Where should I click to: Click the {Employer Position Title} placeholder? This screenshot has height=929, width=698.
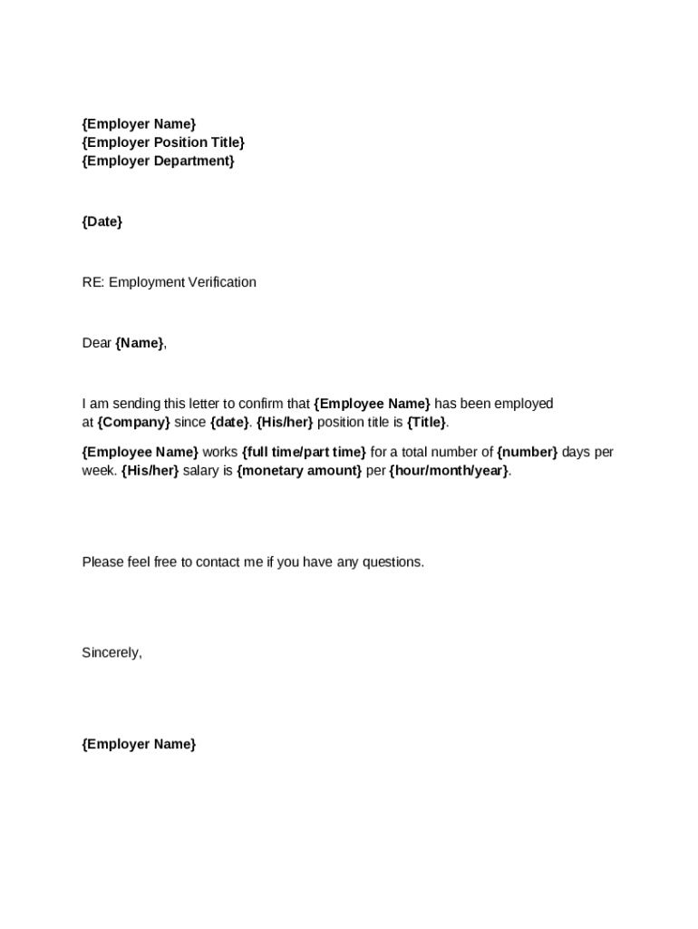click(163, 142)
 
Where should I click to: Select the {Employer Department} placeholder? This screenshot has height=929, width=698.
click(158, 161)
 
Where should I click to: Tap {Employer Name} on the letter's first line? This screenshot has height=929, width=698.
click(139, 123)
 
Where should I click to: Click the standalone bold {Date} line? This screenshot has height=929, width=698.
click(102, 221)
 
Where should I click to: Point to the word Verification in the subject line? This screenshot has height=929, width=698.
click(221, 282)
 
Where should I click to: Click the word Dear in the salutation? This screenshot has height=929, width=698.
click(96, 343)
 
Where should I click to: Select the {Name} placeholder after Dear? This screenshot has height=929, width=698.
click(140, 343)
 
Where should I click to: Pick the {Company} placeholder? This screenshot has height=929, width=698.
click(133, 423)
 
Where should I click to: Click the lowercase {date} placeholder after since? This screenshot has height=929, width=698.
click(229, 423)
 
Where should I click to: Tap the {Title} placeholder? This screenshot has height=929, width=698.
click(426, 423)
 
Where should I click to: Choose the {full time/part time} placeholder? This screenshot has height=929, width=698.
click(304, 452)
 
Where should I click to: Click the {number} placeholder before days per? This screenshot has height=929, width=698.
click(527, 452)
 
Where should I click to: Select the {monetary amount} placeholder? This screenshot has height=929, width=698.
click(299, 471)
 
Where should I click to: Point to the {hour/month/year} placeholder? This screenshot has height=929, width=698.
click(449, 471)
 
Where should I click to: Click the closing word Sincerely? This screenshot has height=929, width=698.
click(111, 652)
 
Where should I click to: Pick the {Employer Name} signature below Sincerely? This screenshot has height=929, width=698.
click(139, 745)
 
